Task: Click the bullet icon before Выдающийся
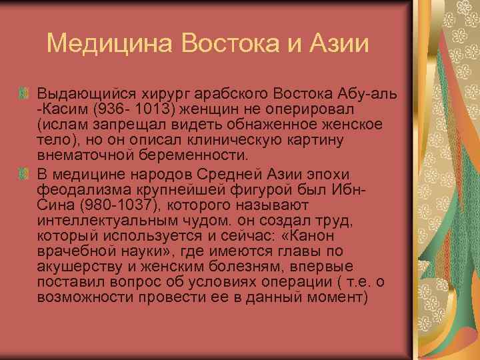[x=26, y=91]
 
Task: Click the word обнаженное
[x=273, y=123]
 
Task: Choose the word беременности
[x=187, y=156]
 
